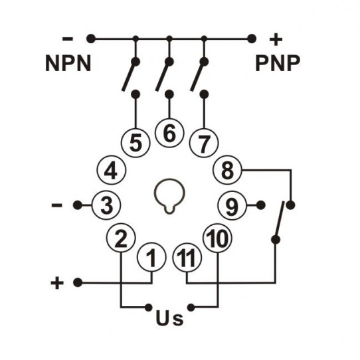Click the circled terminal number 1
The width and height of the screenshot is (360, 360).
pos(152,256)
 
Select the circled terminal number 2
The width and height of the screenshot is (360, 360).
pos(120,238)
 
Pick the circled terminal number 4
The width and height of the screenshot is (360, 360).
pos(111,171)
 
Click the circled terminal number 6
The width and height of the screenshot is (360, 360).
pos(169,133)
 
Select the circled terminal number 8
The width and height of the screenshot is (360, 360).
pos(228,171)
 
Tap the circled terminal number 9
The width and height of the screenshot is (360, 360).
pos(232,205)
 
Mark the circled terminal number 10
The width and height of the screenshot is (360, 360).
pos(217,238)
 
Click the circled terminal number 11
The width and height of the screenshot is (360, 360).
pos(187,256)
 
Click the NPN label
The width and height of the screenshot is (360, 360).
pos(68,64)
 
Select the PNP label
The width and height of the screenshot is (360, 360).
pos(278,64)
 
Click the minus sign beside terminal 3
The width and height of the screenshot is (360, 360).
pos(57,205)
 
